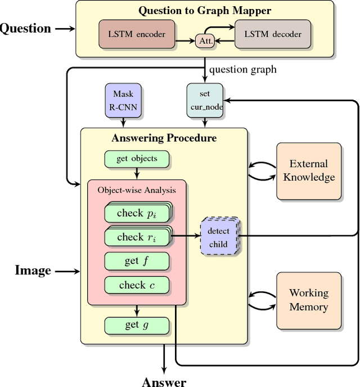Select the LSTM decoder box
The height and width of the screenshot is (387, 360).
point(272,34)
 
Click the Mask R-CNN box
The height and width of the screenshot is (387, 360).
point(123,100)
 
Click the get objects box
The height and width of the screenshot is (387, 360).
point(137,159)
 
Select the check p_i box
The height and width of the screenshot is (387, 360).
point(137,213)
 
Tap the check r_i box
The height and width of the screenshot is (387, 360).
point(137,237)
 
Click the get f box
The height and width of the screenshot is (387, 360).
point(137,261)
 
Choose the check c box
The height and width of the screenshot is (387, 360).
point(137,285)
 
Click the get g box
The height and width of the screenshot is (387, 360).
point(137,325)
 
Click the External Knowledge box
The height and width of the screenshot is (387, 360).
point(309,171)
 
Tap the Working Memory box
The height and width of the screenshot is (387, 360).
point(309,300)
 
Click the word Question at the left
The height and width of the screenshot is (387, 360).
point(25,28)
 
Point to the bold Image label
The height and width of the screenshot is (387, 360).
point(33,271)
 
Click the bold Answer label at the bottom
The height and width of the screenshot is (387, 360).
point(164,381)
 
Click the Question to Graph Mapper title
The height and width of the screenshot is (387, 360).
point(204,10)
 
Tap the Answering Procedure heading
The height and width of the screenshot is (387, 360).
point(164,138)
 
